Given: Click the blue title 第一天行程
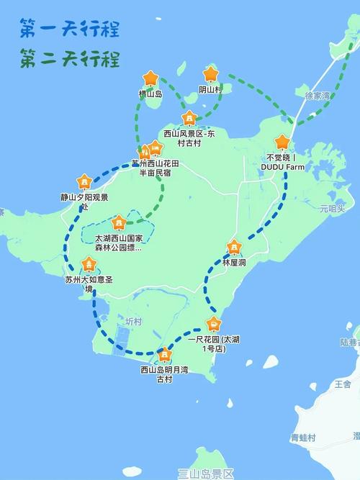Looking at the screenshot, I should pos(70,29).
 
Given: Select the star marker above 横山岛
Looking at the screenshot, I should pos(150,78).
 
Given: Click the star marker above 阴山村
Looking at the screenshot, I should pos(210,73).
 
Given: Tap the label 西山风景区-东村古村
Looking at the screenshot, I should pos(189,138).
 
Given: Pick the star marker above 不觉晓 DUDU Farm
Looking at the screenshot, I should pos(282,142).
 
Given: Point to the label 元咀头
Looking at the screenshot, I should pos(333,208).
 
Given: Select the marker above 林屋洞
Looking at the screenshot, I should pos(233,248).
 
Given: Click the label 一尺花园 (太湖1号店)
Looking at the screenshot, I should pos(214,343).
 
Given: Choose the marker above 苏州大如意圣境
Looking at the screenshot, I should pos(89,263).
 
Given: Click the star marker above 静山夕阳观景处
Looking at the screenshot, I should pos(84,181).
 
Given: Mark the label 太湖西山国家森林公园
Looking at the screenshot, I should pos(119,243).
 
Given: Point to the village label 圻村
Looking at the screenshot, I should pos(134,322).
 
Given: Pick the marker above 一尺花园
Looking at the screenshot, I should pos(214,323).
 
